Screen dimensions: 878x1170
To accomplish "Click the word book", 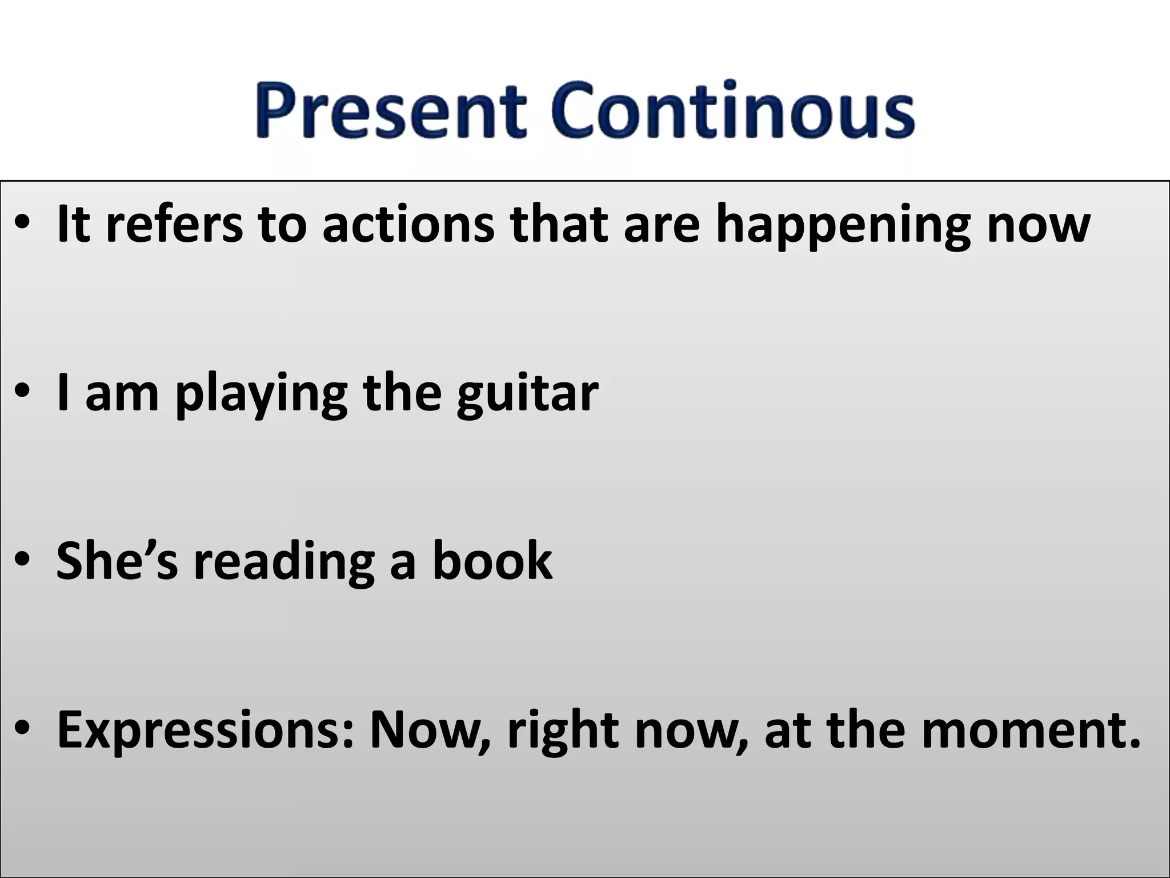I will click(491, 561).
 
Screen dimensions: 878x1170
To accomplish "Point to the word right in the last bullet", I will click(554, 732).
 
